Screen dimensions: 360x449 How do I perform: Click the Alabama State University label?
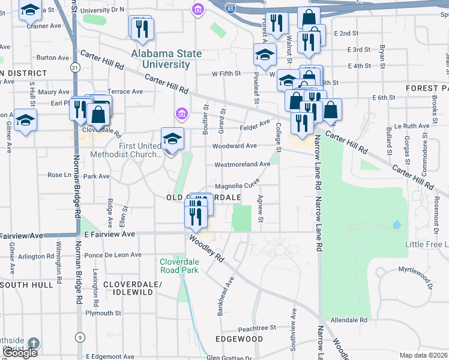pyautogui.click(x=167, y=59)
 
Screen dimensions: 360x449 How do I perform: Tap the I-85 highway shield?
pyautogui.click(x=231, y=9)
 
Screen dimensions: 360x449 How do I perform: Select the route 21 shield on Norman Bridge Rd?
pyautogui.click(x=74, y=68)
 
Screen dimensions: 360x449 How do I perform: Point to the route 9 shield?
pyautogui.click(x=79, y=337)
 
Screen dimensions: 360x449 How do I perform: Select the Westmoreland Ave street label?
pyautogui.click(x=243, y=164)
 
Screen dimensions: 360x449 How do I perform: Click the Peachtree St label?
pyautogui.click(x=256, y=328)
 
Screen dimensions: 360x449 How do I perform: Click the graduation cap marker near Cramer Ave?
pyautogui.click(x=30, y=10)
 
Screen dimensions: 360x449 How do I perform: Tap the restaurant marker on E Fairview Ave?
pyautogui.click(x=194, y=216)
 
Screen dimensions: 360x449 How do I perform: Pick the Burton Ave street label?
pyautogui.click(x=52, y=58)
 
